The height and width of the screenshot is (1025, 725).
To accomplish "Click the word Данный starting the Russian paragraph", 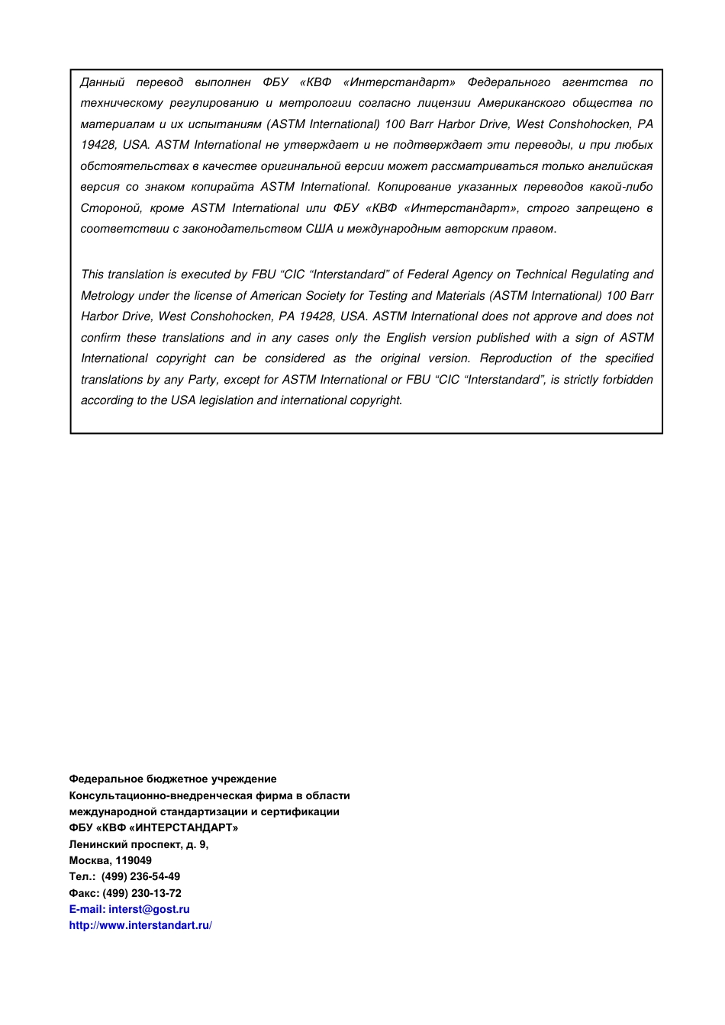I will tap(102, 82).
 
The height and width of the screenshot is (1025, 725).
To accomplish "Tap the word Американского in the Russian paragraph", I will tap(522, 103).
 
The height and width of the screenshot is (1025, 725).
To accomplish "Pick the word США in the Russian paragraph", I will tap(319, 229).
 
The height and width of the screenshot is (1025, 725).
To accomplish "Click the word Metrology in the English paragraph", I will tap(107, 296).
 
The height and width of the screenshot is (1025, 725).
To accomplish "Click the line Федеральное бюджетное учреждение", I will tap(172, 779).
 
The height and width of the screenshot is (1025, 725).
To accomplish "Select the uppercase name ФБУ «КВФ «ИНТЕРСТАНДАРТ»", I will tap(153, 827).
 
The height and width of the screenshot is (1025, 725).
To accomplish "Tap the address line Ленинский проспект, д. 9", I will tap(138, 844).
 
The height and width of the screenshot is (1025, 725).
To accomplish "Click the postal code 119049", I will tap(134, 860).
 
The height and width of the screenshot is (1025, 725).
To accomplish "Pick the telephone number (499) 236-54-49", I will tap(140, 876).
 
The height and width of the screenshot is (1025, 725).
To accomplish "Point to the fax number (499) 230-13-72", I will tap(142, 893).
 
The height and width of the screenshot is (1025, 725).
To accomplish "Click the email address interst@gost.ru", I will tap(149, 909).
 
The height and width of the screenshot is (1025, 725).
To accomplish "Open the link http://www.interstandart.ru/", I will tap(140, 925).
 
